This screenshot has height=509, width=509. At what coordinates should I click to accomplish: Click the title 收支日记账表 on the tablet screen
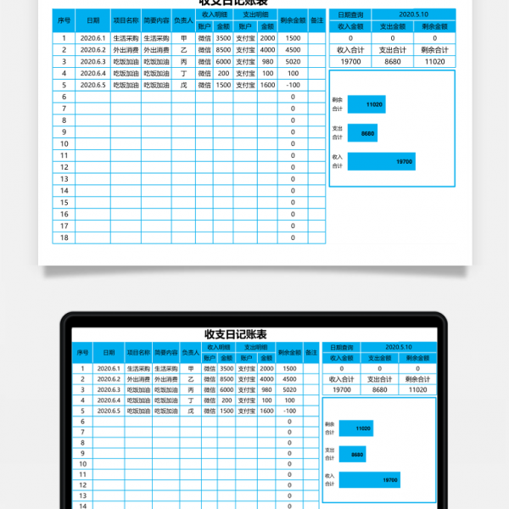(x=235, y=334)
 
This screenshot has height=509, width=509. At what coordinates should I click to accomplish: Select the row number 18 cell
(x=64, y=238)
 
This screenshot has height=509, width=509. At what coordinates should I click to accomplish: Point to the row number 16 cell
(x=64, y=215)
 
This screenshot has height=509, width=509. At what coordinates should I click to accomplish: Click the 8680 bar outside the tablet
(x=362, y=133)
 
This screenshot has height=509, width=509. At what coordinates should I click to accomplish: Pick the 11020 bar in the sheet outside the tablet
(x=366, y=104)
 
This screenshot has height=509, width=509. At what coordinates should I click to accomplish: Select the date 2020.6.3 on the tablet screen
(x=109, y=389)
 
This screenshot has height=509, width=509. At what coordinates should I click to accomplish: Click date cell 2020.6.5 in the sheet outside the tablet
(x=92, y=85)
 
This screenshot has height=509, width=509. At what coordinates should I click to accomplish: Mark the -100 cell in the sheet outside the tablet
(x=293, y=85)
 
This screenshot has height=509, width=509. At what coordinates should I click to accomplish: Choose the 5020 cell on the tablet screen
(x=290, y=389)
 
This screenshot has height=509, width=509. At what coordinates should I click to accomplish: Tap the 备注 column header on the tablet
(x=311, y=352)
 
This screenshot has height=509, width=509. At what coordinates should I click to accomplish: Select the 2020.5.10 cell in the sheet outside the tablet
(x=413, y=14)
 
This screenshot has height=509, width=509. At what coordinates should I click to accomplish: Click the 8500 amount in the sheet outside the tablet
(x=223, y=50)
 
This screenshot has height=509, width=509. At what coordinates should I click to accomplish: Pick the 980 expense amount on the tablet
(x=266, y=389)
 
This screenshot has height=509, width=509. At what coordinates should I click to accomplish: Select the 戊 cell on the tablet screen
(x=191, y=411)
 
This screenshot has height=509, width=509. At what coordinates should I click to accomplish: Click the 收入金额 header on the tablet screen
(x=342, y=358)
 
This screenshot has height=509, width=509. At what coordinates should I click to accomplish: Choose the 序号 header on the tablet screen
(x=82, y=352)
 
